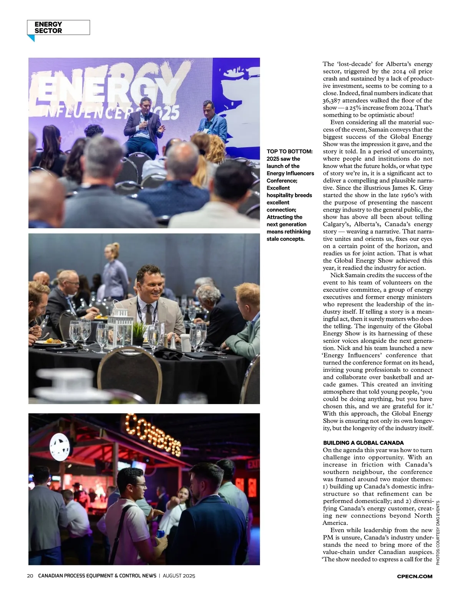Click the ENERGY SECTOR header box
click(x=58, y=27)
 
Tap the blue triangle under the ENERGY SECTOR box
click(x=31, y=38)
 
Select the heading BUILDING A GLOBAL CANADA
click(x=363, y=443)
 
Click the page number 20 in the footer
click(x=30, y=576)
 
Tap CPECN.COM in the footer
click(x=415, y=576)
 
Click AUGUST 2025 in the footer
click(x=179, y=576)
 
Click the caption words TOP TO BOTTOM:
click(x=289, y=151)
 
